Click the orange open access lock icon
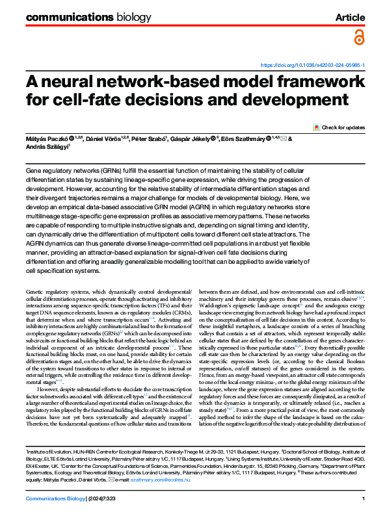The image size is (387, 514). click(x=358, y=38)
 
